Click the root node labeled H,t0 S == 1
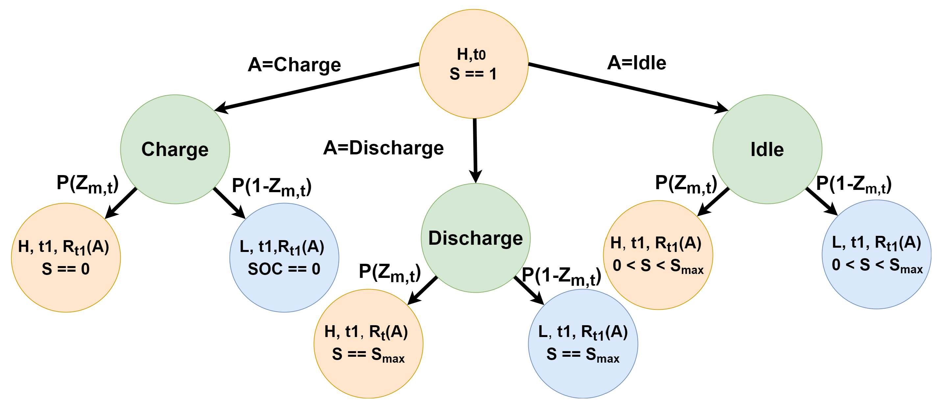473,64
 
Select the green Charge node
175,149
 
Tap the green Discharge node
475,238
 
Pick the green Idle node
767,149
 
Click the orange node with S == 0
66,258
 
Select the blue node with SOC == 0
284,258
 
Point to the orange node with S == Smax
368,343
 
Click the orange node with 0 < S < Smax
658,255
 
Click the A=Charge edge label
294,65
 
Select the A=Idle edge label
636,63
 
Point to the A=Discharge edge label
383,148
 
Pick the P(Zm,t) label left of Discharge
389,273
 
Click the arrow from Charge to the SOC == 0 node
229,203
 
